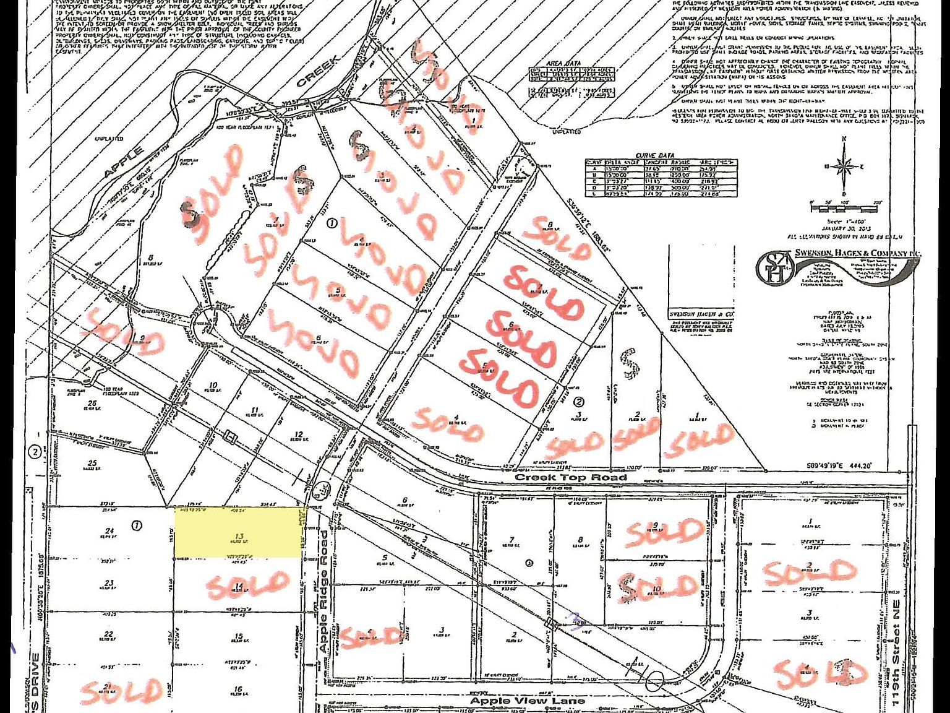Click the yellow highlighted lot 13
[238, 532]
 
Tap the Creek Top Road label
[571, 477]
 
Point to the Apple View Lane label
[527, 701]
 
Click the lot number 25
[93, 463]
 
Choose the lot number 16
[238, 689]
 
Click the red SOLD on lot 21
[121, 691]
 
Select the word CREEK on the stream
[318, 72]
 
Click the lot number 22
[109, 634]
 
